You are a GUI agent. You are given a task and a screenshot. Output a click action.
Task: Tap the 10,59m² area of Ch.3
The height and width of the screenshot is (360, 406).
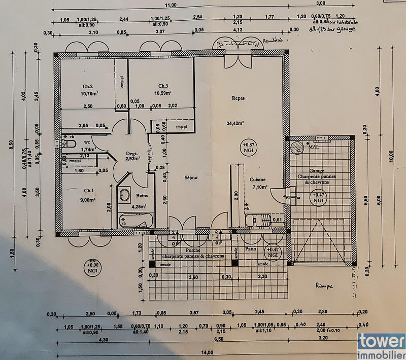[x=163, y=93]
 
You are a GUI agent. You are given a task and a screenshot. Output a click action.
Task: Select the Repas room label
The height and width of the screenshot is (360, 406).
[x=239, y=99]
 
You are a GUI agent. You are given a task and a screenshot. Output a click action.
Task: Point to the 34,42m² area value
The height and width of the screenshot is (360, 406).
[x=236, y=123]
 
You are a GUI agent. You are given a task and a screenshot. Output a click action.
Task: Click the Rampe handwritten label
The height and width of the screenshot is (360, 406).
[x=323, y=286]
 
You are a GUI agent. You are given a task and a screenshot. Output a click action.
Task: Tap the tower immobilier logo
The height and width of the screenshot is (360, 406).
[x=381, y=346]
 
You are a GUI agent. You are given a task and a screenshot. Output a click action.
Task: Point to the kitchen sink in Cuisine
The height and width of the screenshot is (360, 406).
[x=258, y=220]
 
